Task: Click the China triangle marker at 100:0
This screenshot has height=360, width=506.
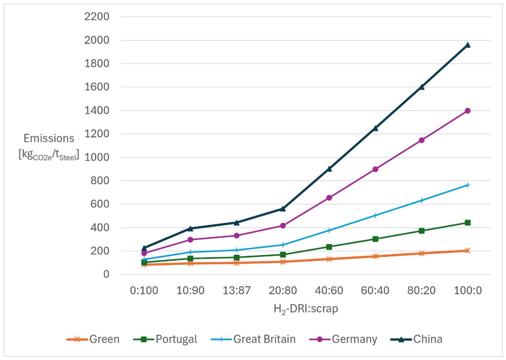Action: pyautogui.click(x=468, y=45)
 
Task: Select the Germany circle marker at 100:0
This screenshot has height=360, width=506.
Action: pyautogui.click(x=468, y=111)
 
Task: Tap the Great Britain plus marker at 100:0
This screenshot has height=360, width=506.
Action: pyautogui.click(x=468, y=186)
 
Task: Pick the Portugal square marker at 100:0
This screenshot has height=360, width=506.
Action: pyautogui.click(x=468, y=223)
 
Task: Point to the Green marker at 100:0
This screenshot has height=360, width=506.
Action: pyautogui.click(x=468, y=251)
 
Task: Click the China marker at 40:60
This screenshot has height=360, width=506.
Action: pyautogui.click(x=329, y=169)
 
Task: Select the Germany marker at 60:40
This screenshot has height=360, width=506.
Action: pyautogui.click(x=375, y=169)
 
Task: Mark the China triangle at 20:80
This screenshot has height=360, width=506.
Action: pyautogui.click(x=283, y=209)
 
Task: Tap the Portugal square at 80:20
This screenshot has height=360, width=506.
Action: pyautogui.click(x=422, y=231)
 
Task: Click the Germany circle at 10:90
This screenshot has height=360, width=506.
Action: pyautogui.click(x=191, y=239)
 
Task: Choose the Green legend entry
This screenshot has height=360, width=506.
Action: pyautogui.click(x=93, y=339)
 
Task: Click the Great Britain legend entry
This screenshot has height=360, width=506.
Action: pyautogui.click(x=253, y=339)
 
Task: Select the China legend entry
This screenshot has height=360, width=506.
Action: pyautogui.click(x=416, y=339)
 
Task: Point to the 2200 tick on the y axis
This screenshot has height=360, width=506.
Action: pyautogui.click(x=97, y=17)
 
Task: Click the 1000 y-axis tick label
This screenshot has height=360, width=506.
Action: pyautogui.click(x=97, y=157)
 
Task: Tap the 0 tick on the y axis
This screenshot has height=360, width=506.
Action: pyautogui.click(x=106, y=274)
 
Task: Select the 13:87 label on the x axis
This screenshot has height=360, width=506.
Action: pyautogui.click(x=237, y=290)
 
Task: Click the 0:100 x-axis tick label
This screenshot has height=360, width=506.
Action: pyautogui.click(x=144, y=290)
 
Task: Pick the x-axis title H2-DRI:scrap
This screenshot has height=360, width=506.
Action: pyautogui.click(x=306, y=309)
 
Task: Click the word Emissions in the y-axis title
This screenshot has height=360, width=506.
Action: pyautogui.click(x=49, y=138)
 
